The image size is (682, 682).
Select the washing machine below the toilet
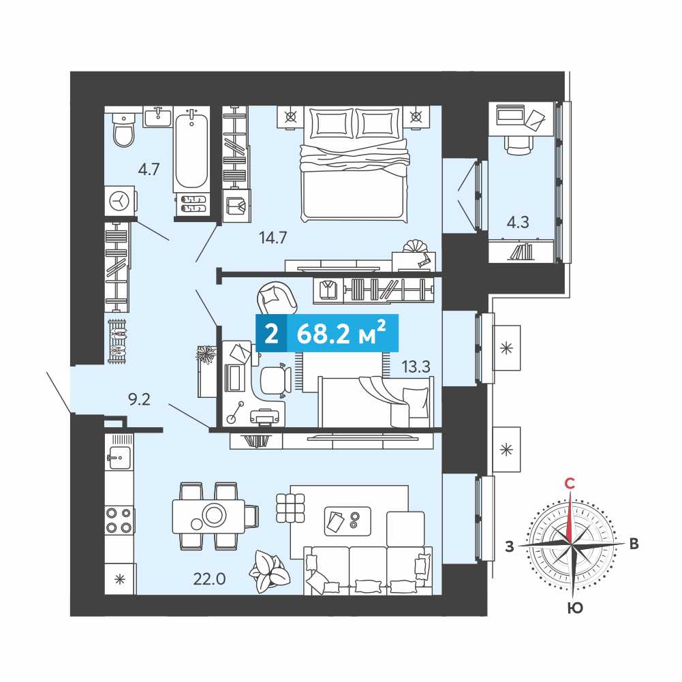point(120,201)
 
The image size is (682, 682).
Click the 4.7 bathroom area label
point(149,169)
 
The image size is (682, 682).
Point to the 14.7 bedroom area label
point(273,238)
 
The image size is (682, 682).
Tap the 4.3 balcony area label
point(518,222)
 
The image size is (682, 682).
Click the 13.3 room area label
point(416,367)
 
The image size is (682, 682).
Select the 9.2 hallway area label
point(139,399)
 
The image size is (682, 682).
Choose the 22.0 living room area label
point(209,579)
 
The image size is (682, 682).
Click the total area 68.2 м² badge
point(327,333)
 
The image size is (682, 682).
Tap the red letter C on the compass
point(570,483)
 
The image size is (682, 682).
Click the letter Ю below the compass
point(575,608)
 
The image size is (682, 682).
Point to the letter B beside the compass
point(634,544)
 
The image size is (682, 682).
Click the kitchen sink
point(119,457)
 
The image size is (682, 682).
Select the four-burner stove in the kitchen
point(119,521)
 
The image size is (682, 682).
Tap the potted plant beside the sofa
point(269,571)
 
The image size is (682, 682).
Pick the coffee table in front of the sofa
point(347,521)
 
